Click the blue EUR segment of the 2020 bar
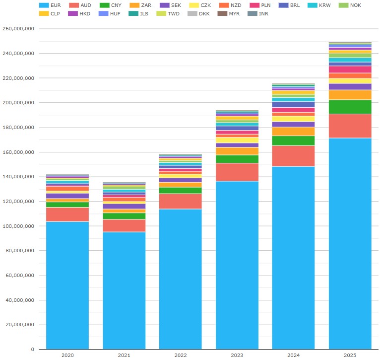pyautogui.click(x=67, y=286)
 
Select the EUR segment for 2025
pyautogui.click(x=350, y=243)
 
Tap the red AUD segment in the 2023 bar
pyautogui.click(x=237, y=172)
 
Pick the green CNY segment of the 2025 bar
pyautogui.click(x=350, y=107)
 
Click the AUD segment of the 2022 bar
pyautogui.click(x=181, y=201)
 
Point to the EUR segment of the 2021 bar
pyautogui.click(x=124, y=290)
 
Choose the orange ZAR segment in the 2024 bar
pyautogui.click(x=294, y=131)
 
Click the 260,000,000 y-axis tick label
pyautogui.click(x=18, y=29)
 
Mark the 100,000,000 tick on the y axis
pyautogui.click(x=18, y=226)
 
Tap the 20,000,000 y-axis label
pyautogui.click(x=20, y=325)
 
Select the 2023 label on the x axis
pyautogui.click(x=237, y=355)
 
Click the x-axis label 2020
pyautogui.click(x=67, y=355)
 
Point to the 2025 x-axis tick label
pyautogui.click(x=350, y=355)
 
